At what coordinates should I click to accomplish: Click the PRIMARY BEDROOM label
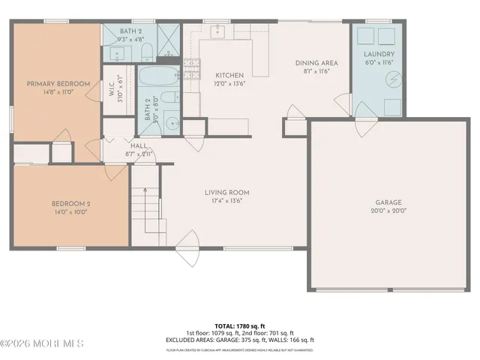coord(58,83)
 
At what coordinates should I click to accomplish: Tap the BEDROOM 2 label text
coord(70,203)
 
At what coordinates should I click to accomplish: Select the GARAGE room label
coord(388,202)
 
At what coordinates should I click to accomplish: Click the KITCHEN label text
coord(229,76)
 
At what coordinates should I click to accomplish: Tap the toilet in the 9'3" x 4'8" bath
coord(148,52)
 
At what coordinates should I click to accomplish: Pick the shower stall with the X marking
coord(169,42)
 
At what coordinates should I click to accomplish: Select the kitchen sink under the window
coord(217,36)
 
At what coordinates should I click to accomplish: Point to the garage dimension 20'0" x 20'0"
coord(388,211)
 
